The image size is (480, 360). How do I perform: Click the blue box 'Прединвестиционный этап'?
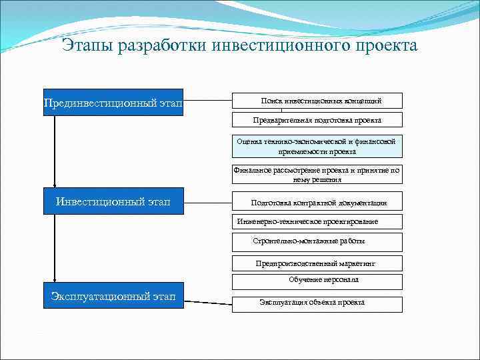click(x=113, y=103)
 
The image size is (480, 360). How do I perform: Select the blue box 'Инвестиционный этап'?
click(x=113, y=201)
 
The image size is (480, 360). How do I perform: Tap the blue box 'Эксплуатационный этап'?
click(x=113, y=296)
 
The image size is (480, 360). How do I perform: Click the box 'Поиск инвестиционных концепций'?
click(x=317, y=101)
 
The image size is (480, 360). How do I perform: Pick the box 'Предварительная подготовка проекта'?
click(x=317, y=120)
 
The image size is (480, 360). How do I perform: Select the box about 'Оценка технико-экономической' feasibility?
click(x=317, y=146)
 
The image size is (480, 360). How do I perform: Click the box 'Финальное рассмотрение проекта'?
click(x=317, y=174)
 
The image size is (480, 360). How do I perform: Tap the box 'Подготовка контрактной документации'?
click(x=317, y=203)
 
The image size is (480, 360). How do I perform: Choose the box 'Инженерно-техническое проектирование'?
click(x=317, y=221)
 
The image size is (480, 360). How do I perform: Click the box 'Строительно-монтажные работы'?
click(x=317, y=241)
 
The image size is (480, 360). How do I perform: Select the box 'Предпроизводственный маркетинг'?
click(x=317, y=263)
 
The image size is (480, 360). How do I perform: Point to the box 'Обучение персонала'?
click(x=317, y=281)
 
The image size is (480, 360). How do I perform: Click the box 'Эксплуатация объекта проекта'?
click(x=317, y=303)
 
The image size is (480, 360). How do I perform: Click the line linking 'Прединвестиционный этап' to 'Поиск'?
click(x=207, y=101)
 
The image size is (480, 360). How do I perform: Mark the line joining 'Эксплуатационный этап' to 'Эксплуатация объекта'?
click(x=207, y=302)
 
